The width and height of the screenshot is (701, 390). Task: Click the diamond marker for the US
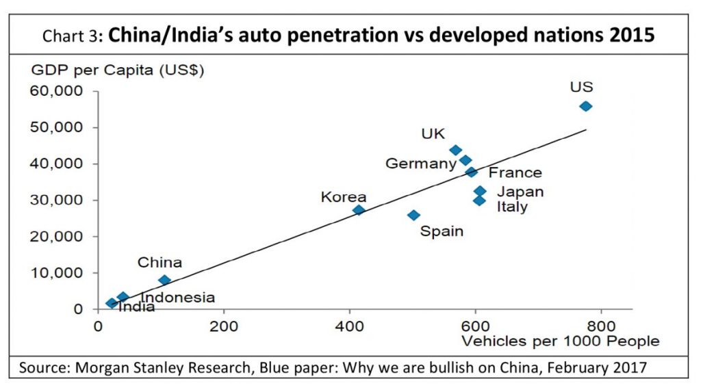click(x=585, y=106)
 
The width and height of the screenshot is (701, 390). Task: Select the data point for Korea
click(x=359, y=210)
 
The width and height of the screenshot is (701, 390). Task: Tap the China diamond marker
click(x=164, y=280)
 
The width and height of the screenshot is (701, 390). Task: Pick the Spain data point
click(x=413, y=215)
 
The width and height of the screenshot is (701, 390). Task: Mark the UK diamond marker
click(x=455, y=150)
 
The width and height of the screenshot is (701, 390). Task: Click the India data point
click(x=112, y=303)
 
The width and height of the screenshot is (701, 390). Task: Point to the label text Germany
click(x=420, y=164)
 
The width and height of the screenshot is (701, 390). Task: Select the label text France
click(x=515, y=172)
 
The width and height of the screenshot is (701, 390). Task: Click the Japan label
click(x=520, y=192)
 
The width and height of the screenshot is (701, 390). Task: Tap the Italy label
click(x=512, y=207)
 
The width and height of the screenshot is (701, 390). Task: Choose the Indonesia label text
click(x=177, y=298)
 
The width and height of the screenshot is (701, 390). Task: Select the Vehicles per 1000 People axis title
click(x=561, y=341)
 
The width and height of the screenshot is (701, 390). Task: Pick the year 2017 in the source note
click(x=628, y=367)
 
